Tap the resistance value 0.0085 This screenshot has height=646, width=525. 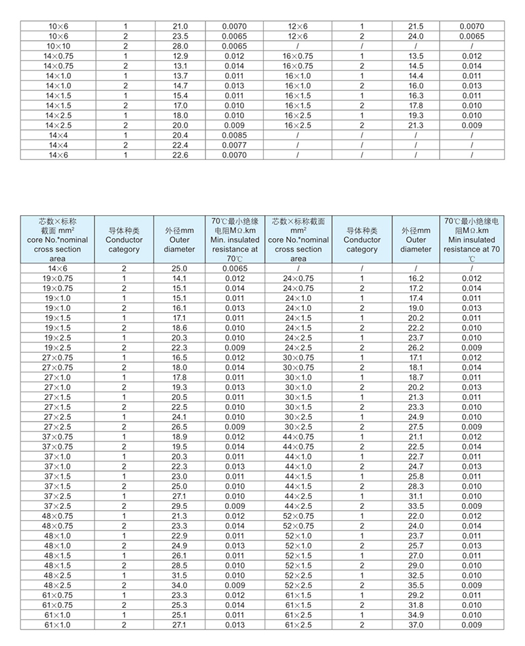click(x=234, y=134)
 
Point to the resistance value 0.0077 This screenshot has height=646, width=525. click(x=234, y=144)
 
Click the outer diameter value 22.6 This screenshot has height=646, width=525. click(x=180, y=154)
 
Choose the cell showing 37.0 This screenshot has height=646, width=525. click(x=417, y=625)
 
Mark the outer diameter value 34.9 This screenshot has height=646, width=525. click(x=417, y=615)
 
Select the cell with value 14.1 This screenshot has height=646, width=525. click(x=180, y=278)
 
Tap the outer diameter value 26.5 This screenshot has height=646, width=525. click(x=180, y=426)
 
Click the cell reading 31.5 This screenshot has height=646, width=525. click(x=180, y=575)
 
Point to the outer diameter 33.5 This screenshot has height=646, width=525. click(x=417, y=506)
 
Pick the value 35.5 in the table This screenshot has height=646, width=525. click(x=417, y=585)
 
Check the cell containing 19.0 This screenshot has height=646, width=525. click(x=417, y=308)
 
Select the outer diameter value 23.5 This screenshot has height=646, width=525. click(x=180, y=36)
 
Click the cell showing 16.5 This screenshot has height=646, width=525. click(x=180, y=357)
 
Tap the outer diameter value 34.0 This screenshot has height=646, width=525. click(x=180, y=585)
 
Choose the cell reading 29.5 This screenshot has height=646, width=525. click(x=180, y=506)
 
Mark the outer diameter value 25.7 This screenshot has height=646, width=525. click(x=417, y=546)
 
